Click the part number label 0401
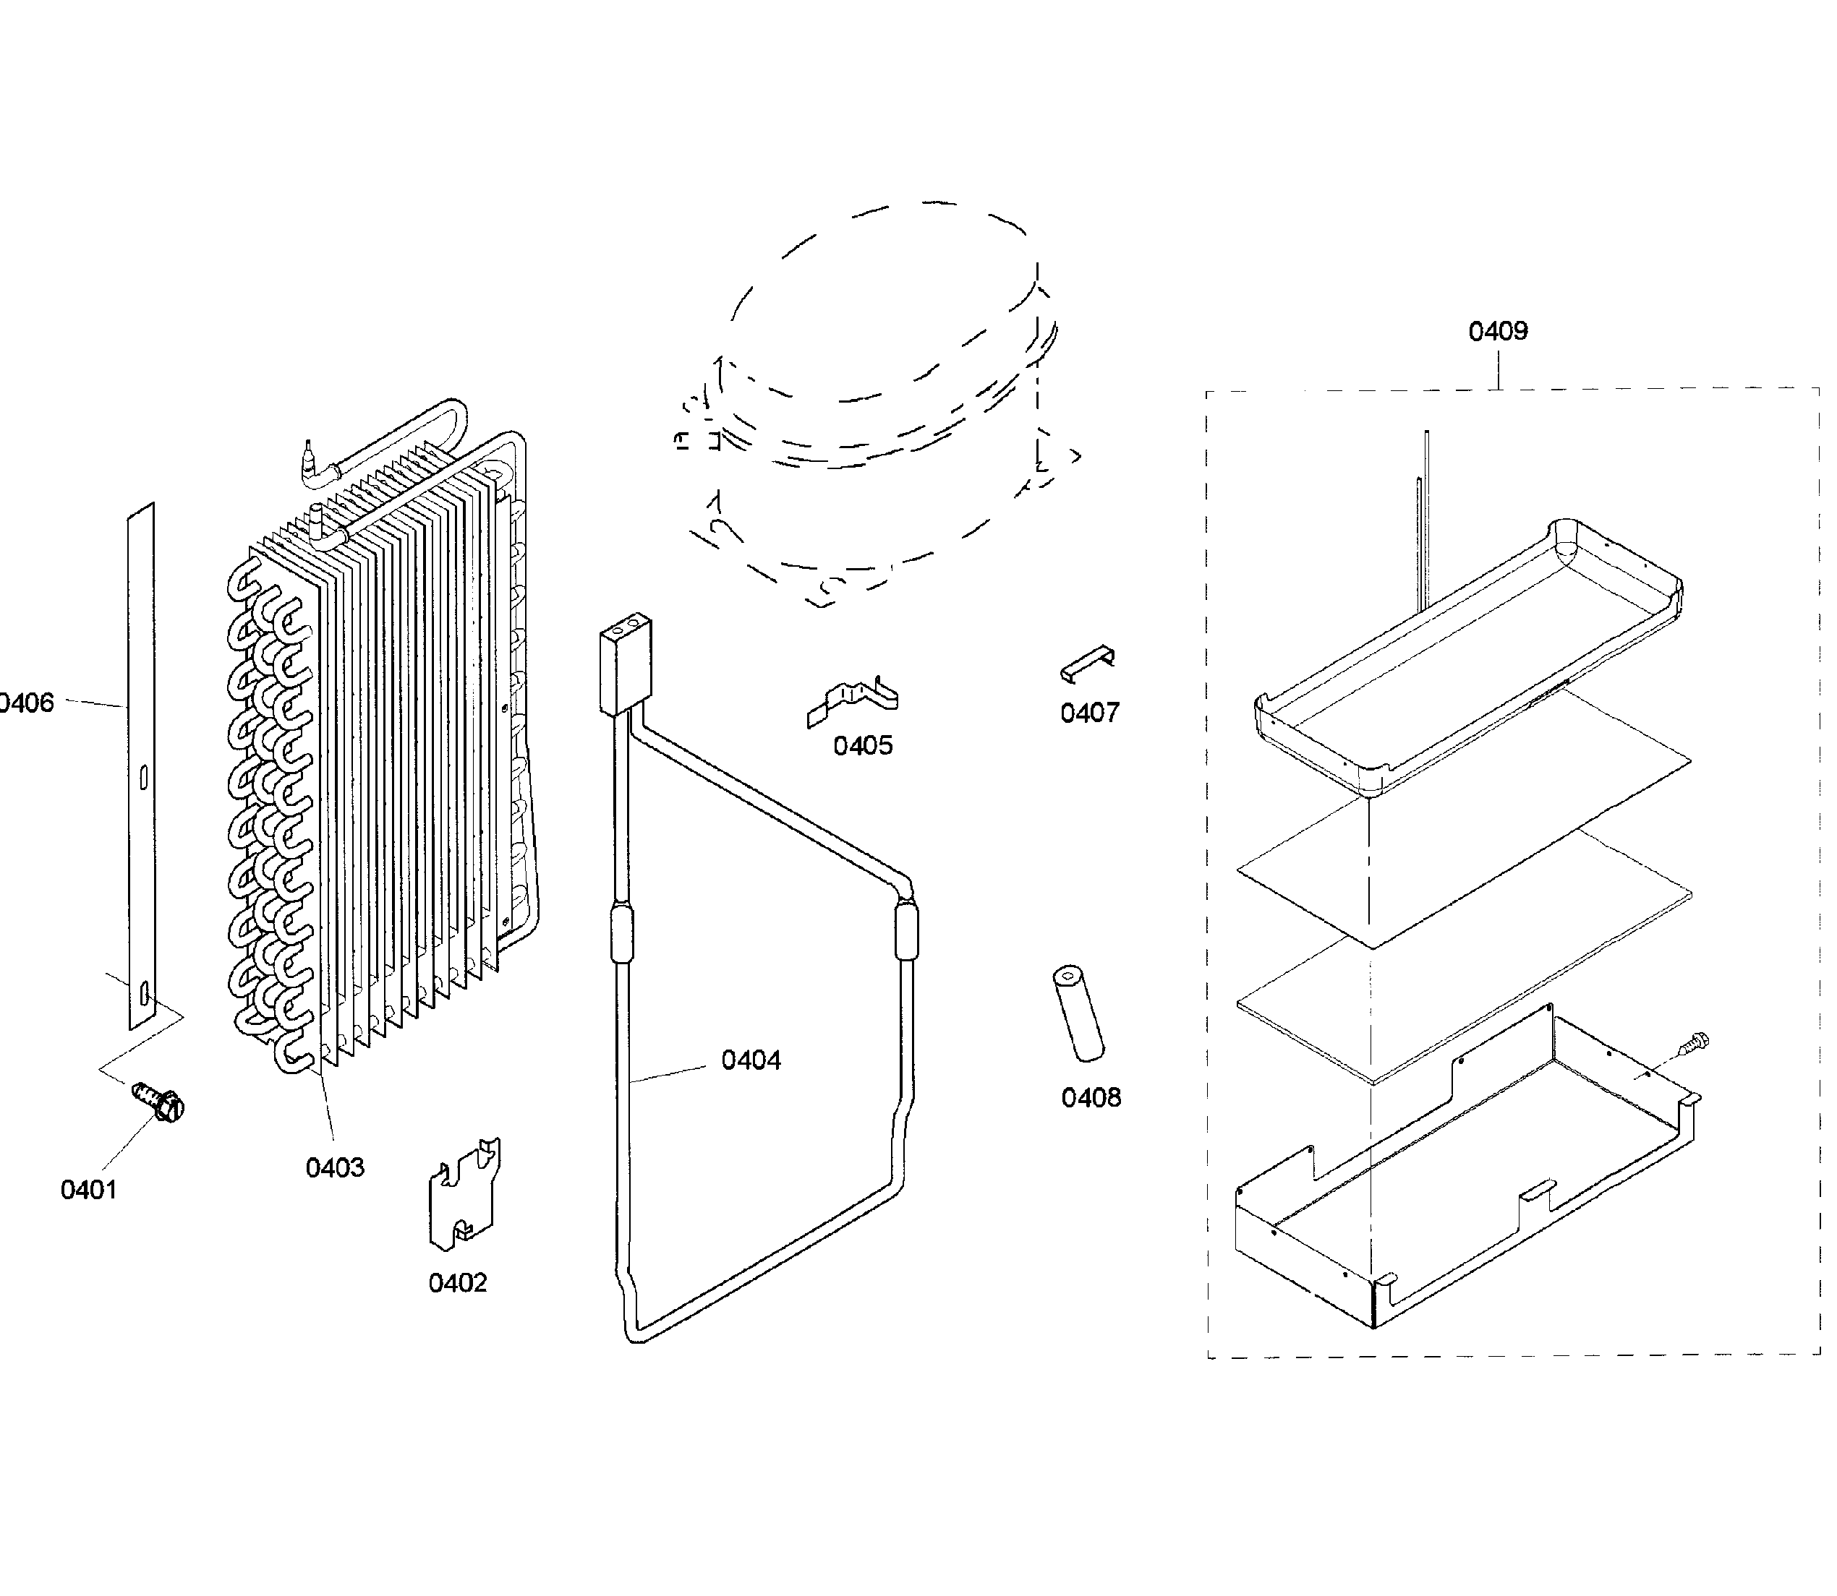[x=88, y=1190]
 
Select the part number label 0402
[x=457, y=1284]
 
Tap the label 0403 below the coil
[x=335, y=1167]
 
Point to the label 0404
[x=751, y=1060]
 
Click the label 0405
[x=862, y=745]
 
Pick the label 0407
[x=1090, y=713]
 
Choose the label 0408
[x=1091, y=1098]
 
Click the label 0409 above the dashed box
[x=1498, y=331]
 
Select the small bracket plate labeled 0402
[x=464, y=1193]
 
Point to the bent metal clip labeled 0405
[x=853, y=701]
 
